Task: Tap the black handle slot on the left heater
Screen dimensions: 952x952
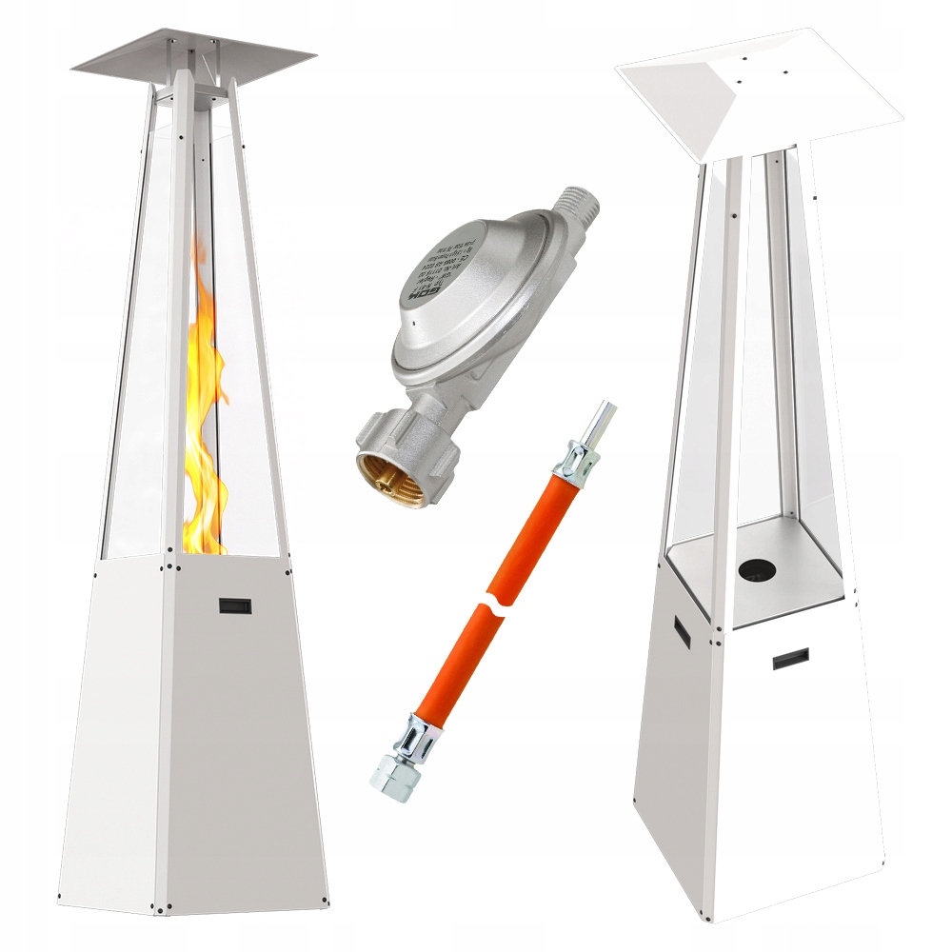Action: pos(232,605)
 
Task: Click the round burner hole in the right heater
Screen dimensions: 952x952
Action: pos(757,568)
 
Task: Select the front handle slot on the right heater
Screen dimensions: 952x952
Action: pos(789,659)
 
